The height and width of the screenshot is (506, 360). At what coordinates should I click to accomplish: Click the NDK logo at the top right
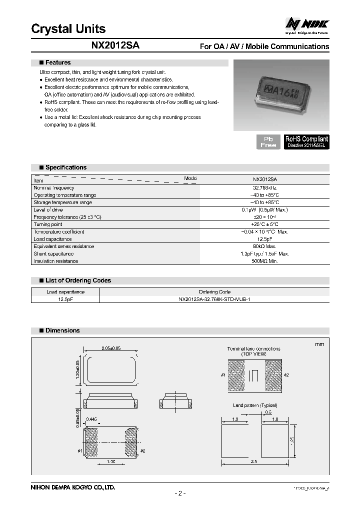pyautogui.click(x=307, y=23)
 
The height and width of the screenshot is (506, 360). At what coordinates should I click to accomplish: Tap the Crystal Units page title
pyautogui.click(x=68, y=28)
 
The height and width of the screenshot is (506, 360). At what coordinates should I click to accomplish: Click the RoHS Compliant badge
pyautogui.click(x=306, y=141)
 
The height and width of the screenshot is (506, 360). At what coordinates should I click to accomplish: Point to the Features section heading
pyautogui.click(x=58, y=62)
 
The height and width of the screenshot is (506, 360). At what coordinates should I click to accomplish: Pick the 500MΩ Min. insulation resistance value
pyautogui.click(x=264, y=261)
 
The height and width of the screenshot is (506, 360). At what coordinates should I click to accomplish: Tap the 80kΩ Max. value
pyautogui.click(x=264, y=246)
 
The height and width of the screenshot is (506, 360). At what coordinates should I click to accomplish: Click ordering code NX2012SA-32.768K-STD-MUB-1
pyautogui.click(x=214, y=299)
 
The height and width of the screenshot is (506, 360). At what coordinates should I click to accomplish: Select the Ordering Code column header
pyautogui.click(x=214, y=291)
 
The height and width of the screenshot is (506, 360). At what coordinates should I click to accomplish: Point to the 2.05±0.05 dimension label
pyautogui.click(x=111, y=348)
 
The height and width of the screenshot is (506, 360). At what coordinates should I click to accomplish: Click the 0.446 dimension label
pyautogui.click(x=92, y=419)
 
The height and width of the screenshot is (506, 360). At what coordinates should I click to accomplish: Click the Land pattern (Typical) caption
pyautogui.click(x=254, y=405)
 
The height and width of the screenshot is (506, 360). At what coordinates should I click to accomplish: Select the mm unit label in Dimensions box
pyautogui.click(x=319, y=344)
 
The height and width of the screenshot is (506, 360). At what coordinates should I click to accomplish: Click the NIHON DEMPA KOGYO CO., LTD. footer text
pyautogui.click(x=73, y=486)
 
